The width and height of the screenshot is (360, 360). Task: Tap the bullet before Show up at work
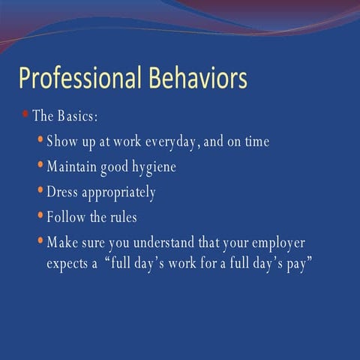(40, 139)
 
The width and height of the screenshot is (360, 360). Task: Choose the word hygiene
(154, 167)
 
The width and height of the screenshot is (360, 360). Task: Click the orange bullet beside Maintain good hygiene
(40, 165)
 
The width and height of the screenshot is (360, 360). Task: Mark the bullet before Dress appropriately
(40, 190)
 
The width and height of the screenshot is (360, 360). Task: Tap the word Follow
(65, 217)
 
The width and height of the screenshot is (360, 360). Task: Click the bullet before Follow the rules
(40, 216)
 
